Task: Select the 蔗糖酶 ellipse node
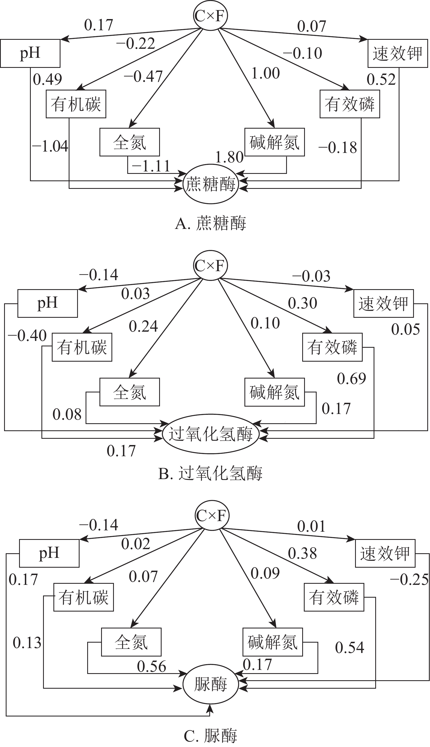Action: point(211,184)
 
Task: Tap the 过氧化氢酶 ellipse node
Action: point(211,434)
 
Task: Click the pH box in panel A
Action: point(30,53)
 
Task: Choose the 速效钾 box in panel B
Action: point(383,303)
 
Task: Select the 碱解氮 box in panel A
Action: point(274,142)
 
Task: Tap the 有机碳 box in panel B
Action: point(82,347)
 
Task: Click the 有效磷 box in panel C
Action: point(334,597)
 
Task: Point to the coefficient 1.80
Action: point(229,157)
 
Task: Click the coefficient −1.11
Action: point(151,166)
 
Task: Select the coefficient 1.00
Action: point(265,73)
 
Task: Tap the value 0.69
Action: point(352,379)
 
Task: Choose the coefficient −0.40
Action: point(27,335)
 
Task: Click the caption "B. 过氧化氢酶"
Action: point(210,473)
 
